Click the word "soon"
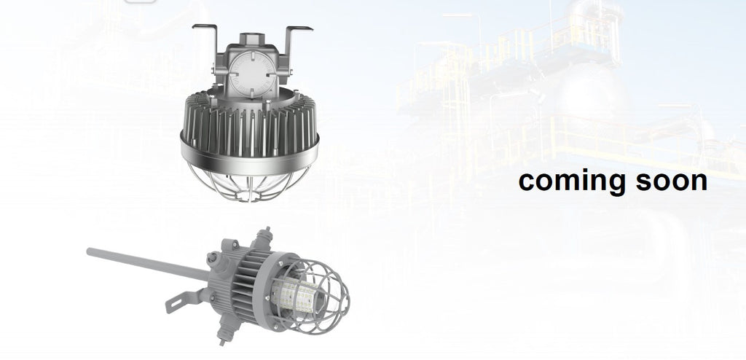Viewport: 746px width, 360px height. coord(671,181)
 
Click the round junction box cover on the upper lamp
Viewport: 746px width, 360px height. coord(251,74)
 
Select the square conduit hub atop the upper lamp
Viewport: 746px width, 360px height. coord(251,39)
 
